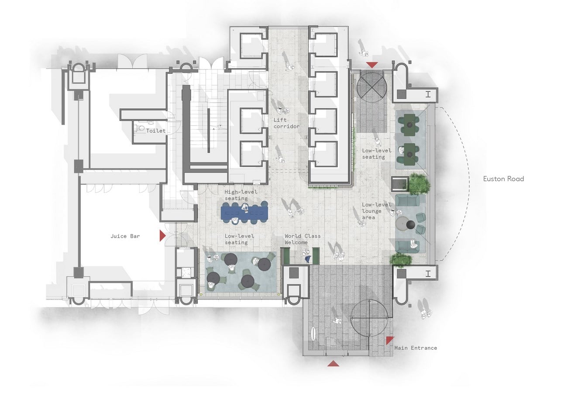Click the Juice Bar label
pos(125,236)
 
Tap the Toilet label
pos(156,131)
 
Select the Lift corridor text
pos(286,123)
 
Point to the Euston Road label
pos(503,179)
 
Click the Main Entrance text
pos(416,348)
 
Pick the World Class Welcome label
pos(303,239)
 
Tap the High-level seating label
pos(241,195)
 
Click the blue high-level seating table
pos(244,213)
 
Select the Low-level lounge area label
pos(376,211)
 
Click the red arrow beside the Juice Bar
pos(162,236)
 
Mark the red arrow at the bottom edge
pos(333,363)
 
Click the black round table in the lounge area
pos(410,224)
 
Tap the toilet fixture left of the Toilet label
pos(140,128)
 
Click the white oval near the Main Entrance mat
pos(313,334)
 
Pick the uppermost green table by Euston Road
pos(409,125)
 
